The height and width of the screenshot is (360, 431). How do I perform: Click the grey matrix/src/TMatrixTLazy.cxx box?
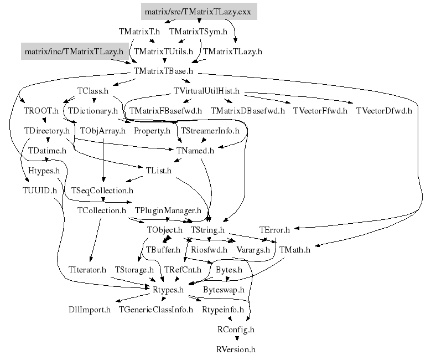pyautogui.click(x=198, y=11)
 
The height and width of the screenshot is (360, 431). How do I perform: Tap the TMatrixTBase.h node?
pyautogui.click(x=163, y=71)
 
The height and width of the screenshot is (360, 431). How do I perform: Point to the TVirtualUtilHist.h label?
pyautogui.click(x=206, y=90)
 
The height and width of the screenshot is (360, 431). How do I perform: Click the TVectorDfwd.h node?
pyautogui.click(x=384, y=110)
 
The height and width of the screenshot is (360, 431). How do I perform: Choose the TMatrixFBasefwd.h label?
pyautogui.click(x=165, y=110)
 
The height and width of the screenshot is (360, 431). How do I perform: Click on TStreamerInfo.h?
pyautogui.click(x=210, y=131)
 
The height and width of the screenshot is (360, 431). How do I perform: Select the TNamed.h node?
pyautogui.click(x=195, y=150)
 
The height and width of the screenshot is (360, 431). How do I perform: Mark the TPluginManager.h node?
pyautogui.click(x=168, y=210)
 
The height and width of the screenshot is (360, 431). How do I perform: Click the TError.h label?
pyautogui.click(x=274, y=229)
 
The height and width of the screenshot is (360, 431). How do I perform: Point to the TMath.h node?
pyautogui.click(x=295, y=249)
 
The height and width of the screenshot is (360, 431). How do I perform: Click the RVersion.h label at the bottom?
pyautogui.click(x=236, y=349)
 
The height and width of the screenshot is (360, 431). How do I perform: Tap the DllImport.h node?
pyautogui.click(x=90, y=309)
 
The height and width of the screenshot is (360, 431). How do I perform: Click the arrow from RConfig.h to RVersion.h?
pyautogui.click(x=236, y=339)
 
